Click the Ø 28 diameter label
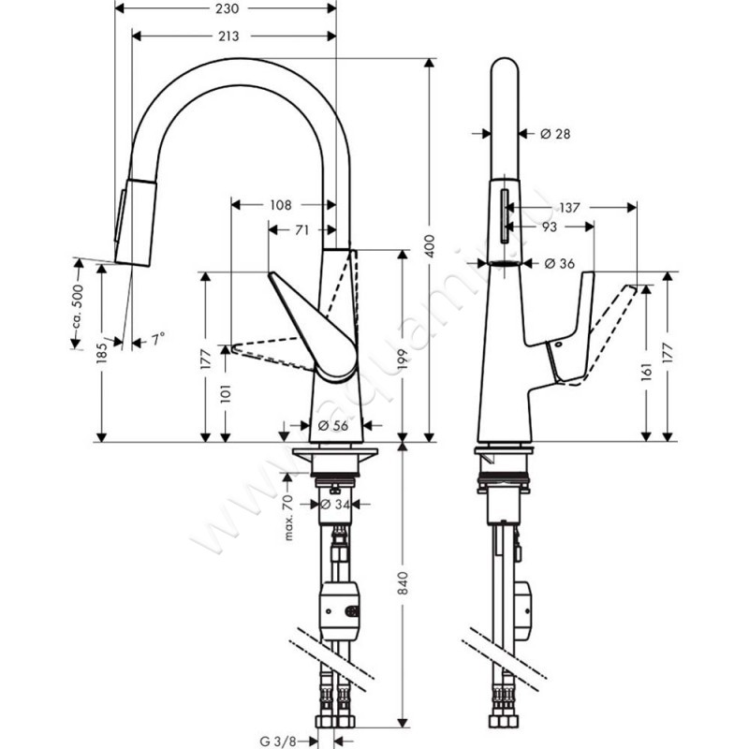pos(556,134)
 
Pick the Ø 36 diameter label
pos(558,264)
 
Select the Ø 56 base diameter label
pos(334,425)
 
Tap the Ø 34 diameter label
pos(334,506)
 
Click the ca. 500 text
pos(80,303)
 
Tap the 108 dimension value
pos(281,204)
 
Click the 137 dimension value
pos(568,206)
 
